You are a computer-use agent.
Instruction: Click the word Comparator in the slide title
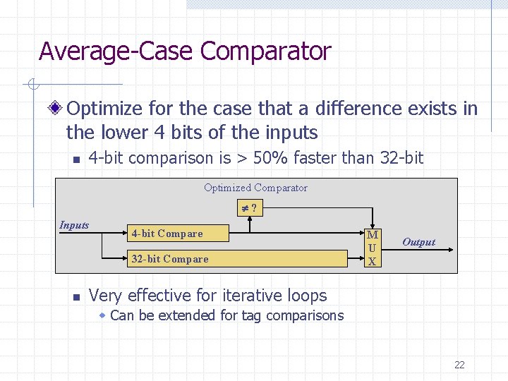point(265,52)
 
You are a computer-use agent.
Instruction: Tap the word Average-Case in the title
point(116,52)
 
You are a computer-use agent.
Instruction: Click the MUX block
point(372,248)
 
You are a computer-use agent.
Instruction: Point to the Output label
point(418,242)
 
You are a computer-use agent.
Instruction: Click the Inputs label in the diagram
point(74,225)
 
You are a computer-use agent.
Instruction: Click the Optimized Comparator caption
point(255,188)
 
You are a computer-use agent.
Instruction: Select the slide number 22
point(459,365)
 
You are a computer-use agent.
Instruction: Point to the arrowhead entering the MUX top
point(372,225)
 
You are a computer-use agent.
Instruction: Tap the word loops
point(307,296)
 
